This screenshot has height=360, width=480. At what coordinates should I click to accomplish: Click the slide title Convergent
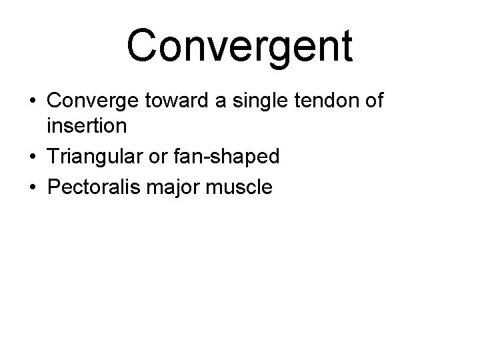tap(239, 46)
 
